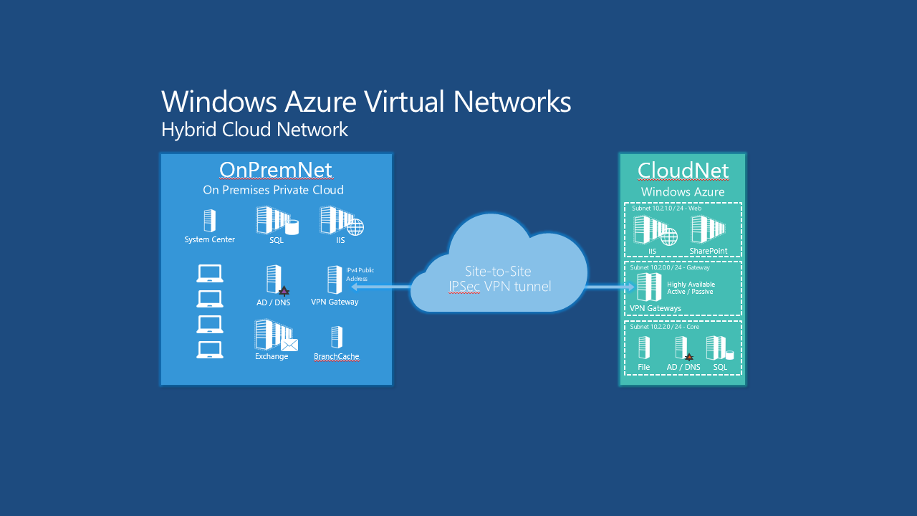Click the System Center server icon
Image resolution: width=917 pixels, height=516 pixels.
[x=209, y=221]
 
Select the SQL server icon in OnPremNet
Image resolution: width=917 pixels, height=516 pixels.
[x=277, y=221]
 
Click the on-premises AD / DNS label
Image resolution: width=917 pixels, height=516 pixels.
[x=273, y=302]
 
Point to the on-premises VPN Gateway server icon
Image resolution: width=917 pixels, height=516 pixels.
[x=335, y=279]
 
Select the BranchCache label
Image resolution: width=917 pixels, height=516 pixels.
[x=336, y=356]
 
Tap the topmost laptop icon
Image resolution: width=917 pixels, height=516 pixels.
[x=210, y=273]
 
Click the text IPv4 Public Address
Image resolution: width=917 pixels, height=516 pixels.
[x=360, y=274]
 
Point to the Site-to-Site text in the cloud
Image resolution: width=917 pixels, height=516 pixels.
[x=498, y=272]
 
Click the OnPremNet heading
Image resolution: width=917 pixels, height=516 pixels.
[x=275, y=170]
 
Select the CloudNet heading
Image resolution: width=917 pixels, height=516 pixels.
[x=683, y=171]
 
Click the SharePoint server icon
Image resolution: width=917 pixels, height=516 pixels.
[x=708, y=230]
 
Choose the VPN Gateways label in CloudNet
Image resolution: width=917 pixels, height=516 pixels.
[x=656, y=308]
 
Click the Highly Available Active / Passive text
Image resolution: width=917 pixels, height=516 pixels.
[x=691, y=288]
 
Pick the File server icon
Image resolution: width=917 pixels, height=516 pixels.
[x=644, y=348]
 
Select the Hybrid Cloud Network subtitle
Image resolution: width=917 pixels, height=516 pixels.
[x=254, y=130]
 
